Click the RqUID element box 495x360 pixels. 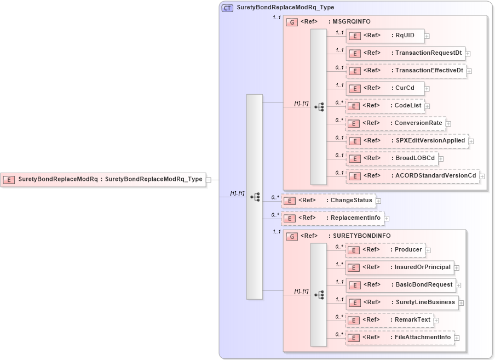point(385,36)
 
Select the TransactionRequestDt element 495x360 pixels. point(406,53)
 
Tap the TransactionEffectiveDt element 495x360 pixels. point(406,71)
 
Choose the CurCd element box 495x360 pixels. point(385,88)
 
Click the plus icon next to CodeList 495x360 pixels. point(428,106)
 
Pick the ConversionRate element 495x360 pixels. point(395,123)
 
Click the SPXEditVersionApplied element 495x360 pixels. point(407,141)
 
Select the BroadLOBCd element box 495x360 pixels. point(392,158)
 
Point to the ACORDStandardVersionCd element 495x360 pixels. point(412,176)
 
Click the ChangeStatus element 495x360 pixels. point(328,201)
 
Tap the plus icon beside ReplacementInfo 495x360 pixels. point(387,219)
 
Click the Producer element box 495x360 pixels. point(385,250)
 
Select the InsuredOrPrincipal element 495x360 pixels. point(400,267)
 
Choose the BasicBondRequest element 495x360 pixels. point(401,285)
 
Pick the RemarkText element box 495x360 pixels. point(389,320)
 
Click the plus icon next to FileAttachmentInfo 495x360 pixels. point(457,338)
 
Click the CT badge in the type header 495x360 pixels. point(227,8)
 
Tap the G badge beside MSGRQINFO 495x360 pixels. point(292,22)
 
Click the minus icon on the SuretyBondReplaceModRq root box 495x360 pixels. point(209,179)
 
